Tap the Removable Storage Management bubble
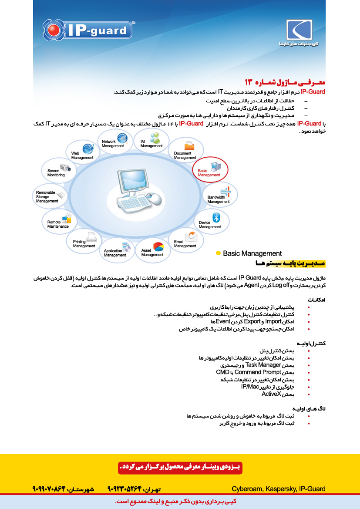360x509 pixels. (x=50, y=196)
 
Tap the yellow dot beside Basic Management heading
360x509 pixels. (x=218, y=253)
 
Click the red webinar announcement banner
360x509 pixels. (x=180, y=467)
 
